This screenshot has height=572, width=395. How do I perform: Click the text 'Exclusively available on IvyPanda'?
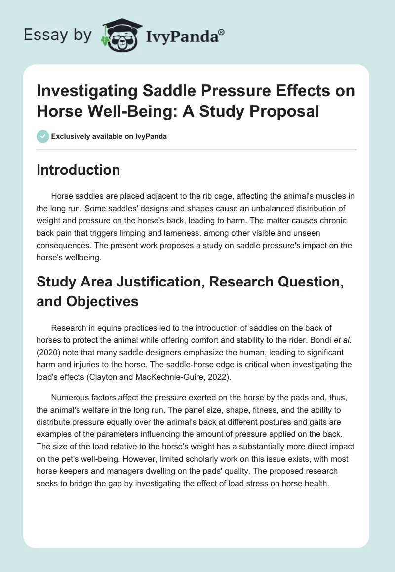[x=109, y=137]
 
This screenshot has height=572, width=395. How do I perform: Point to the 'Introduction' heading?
[x=78, y=170]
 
